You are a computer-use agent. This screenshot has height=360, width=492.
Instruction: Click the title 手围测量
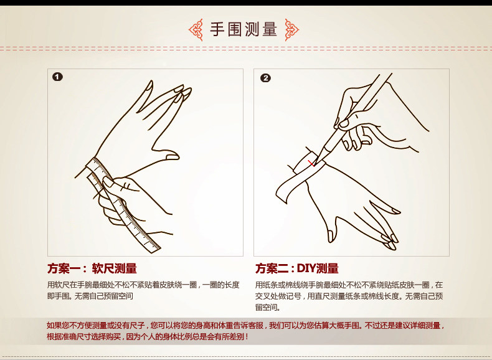point(244,29)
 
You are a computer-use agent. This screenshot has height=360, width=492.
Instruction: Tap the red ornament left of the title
point(196,30)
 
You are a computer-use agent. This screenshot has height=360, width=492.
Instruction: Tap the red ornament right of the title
point(292,30)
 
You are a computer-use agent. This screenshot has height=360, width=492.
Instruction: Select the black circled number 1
point(57,77)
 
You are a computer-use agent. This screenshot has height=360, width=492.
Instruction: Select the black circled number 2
point(265,78)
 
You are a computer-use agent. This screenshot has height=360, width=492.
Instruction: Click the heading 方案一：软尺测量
point(92,268)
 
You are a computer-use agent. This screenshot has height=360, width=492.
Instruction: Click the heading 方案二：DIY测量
point(297,268)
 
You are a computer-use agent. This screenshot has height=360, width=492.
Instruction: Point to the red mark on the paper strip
point(311,164)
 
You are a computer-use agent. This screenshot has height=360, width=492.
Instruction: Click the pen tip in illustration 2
point(316,163)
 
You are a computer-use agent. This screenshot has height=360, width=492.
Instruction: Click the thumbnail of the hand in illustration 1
point(172,156)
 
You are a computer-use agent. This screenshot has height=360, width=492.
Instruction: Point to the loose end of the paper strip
point(281,195)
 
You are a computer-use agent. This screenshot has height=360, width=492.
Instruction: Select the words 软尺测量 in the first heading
point(114,268)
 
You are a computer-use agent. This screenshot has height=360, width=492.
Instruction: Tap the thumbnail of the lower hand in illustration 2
point(331,235)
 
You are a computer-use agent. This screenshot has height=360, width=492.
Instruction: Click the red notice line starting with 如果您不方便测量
point(245,326)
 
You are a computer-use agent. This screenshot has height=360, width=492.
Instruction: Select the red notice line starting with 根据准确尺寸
point(148,337)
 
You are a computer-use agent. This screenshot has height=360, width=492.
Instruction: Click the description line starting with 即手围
point(90,296)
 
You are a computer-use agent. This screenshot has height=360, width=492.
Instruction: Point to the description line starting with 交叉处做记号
point(349,296)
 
